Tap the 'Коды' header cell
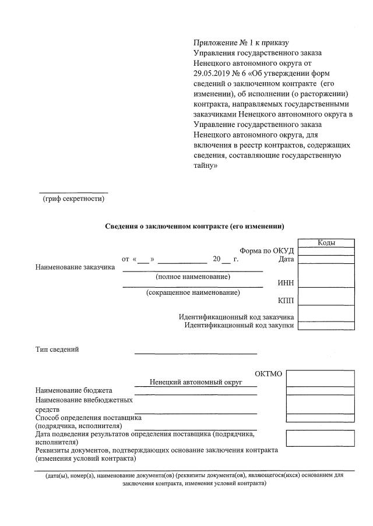click(326, 243)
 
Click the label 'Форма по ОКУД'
click(266, 250)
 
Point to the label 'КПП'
click(286, 301)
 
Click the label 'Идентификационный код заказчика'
click(236, 317)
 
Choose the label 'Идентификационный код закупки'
click(239, 325)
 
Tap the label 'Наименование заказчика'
click(75, 268)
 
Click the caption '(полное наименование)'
click(192, 276)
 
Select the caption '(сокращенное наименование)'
click(192, 292)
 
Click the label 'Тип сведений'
click(57, 350)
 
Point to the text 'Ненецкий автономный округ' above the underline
click(195, 382)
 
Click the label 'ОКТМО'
click(269, 373)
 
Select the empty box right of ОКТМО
click(320, 378)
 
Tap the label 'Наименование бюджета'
click(74, 390)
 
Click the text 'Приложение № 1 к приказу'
click(241, 43)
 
